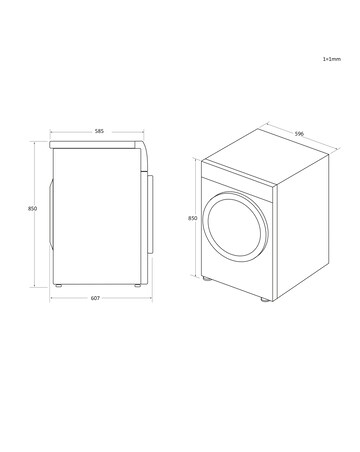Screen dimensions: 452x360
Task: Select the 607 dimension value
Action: pos(94,298)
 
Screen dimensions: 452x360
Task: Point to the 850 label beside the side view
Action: pos(32,208)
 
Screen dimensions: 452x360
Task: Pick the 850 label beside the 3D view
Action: pos(192,218)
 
